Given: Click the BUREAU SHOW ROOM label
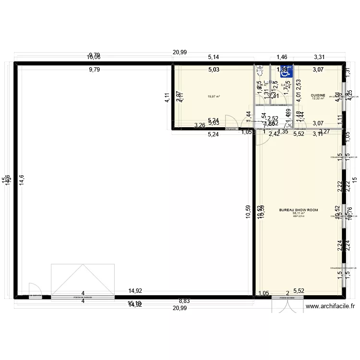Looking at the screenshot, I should click(299, 210).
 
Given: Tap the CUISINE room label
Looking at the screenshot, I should click(318, 95).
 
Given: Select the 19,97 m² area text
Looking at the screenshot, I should click(214, 96).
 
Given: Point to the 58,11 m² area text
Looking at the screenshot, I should click(299, 213).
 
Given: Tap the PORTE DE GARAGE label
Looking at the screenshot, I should click(83, 298).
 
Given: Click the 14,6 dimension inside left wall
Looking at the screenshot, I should click(21, 180).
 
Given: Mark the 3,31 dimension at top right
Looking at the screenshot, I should click(320, 57).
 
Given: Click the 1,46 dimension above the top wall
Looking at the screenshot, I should click(282, 57).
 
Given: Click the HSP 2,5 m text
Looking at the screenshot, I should click(299, 216).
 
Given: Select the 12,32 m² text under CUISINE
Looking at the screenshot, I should click(318, 98).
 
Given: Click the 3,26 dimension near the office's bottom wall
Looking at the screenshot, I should click(200, 126).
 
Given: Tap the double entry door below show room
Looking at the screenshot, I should click(288, 305).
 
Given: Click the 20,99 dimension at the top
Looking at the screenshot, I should click(180, 53).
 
